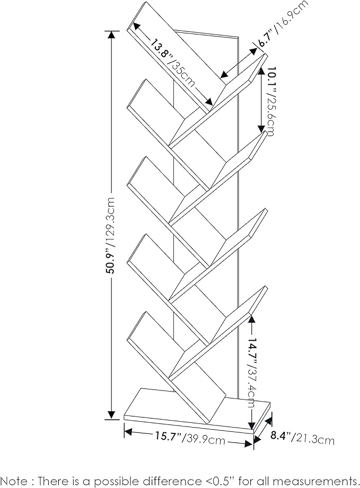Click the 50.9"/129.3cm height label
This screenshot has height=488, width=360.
[111, 235]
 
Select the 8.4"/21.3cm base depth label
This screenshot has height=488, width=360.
[302, 438]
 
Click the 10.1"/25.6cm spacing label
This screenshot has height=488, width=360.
[268, 101]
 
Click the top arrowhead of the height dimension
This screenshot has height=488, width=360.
[111, 34]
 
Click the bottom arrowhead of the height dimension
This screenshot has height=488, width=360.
[111, 415]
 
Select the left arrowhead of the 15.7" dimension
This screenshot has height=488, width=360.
[128, 432]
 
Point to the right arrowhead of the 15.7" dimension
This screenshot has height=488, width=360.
[248, 444]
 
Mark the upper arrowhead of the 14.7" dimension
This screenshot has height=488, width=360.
[251, 319]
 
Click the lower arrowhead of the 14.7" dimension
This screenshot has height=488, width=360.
[251, 426]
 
